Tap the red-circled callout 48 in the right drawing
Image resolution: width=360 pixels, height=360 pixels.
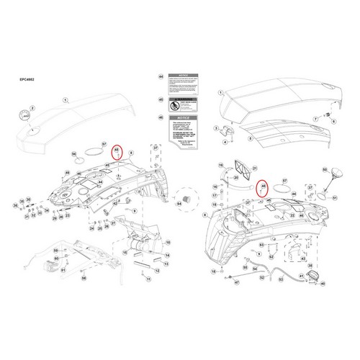pyautogui.click(x=264, y=186)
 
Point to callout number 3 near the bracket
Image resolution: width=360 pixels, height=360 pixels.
pyautogui.click(x=214, y=130)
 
